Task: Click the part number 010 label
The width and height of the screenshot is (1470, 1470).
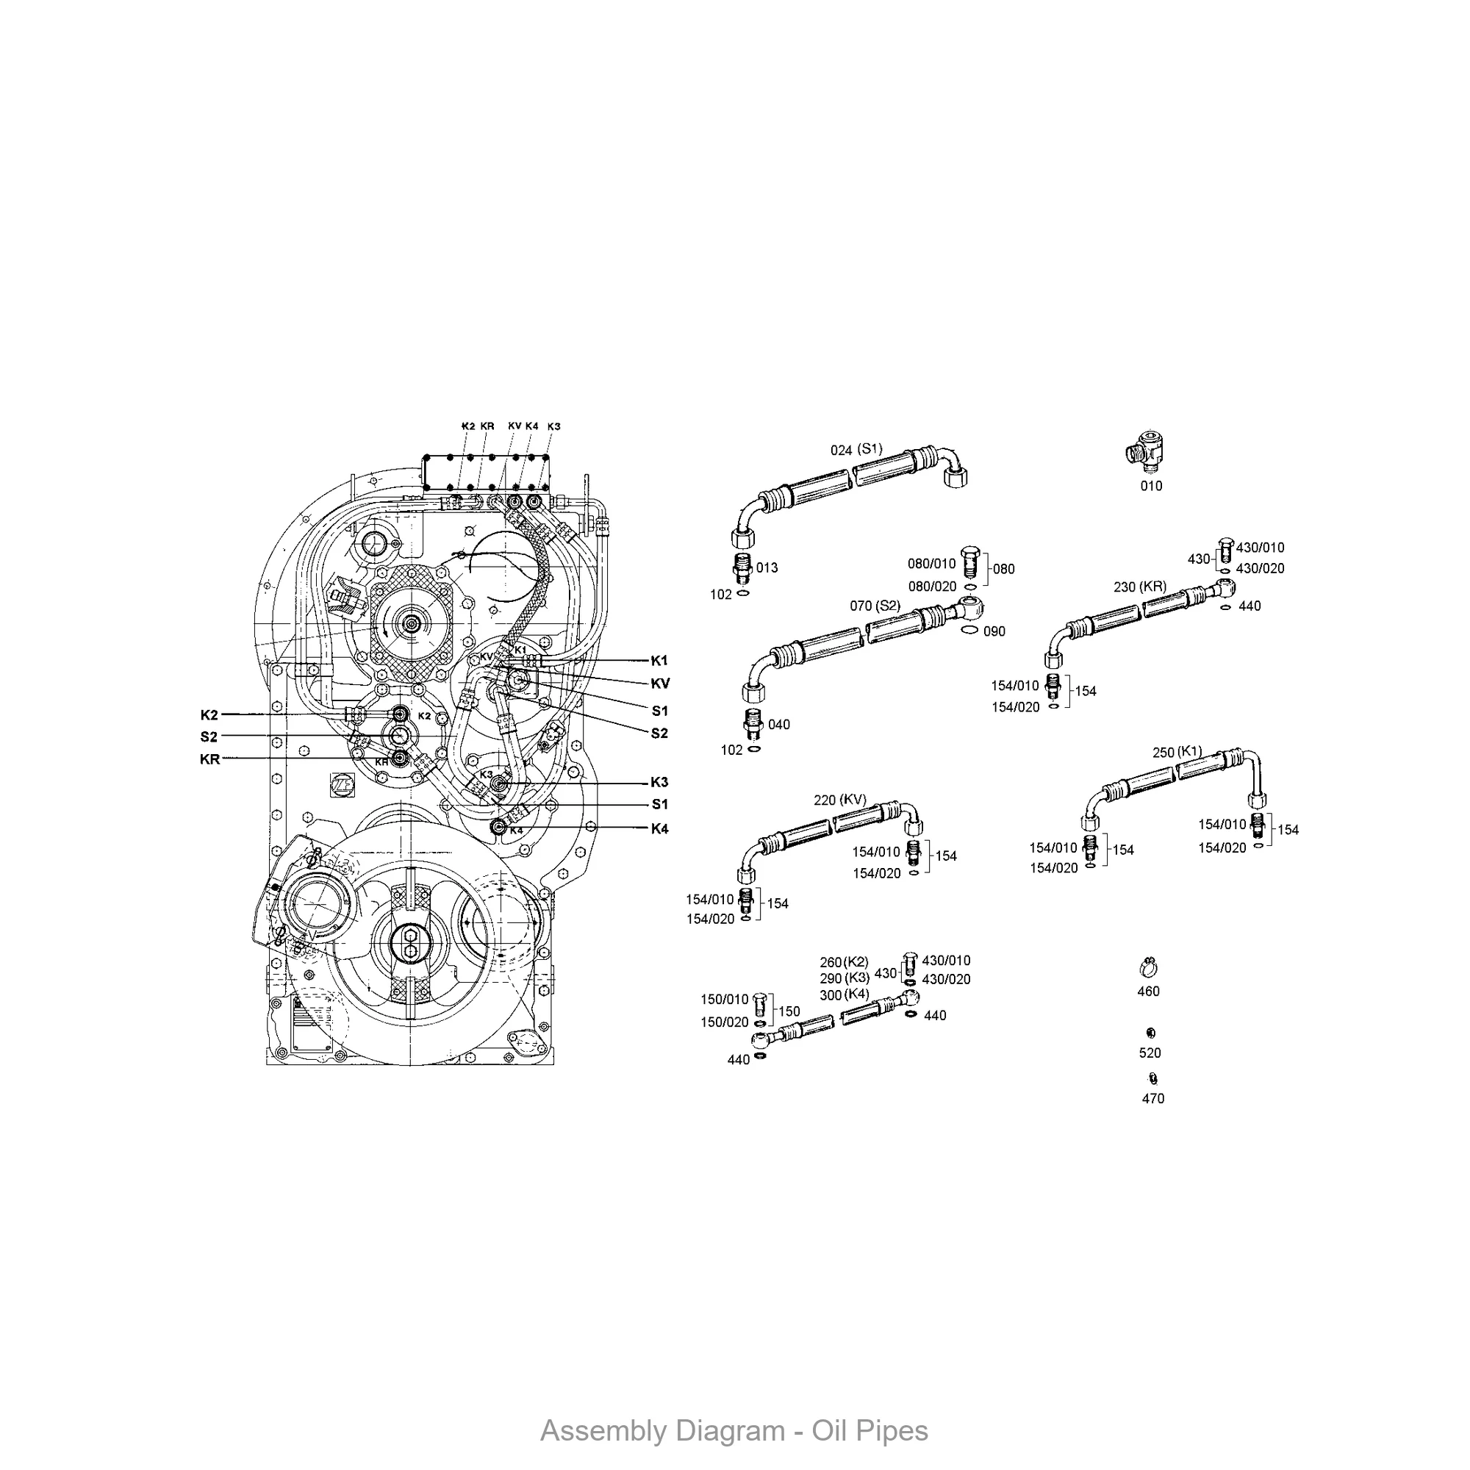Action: [x=1151, y=485]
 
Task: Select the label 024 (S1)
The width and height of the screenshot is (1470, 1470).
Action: [x=856, y=450]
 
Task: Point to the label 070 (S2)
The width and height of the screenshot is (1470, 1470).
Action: [x=875, y=606]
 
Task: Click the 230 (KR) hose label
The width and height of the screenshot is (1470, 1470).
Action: [x=1140, y=587]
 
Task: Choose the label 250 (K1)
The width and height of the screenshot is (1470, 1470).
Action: [x=1177, y=752]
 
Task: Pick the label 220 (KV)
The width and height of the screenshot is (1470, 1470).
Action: [x=840, y=800]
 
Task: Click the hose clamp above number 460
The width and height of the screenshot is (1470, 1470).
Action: [x=1149, y=968]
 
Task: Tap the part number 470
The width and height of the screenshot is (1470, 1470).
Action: [x=1152, y=1098]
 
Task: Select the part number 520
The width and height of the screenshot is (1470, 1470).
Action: [x=1150, y=1053]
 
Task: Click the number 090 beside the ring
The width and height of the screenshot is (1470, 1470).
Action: [x=994, y=631]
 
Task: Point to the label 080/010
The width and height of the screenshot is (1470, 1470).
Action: [x=931, y=564]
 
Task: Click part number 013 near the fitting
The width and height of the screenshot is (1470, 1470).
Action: [x=767, y=567]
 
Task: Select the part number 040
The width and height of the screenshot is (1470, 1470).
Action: [x=778, y=725]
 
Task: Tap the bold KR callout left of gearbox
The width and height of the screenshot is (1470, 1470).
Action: [x=209, y=759]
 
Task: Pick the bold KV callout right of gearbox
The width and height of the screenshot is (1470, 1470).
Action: [x=660, y=684]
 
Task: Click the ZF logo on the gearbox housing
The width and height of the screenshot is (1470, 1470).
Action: [x=338, y=785]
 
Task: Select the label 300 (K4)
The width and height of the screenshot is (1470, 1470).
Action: [x=844, y=994]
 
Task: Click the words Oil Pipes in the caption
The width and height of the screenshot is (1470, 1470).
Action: [x=870, y=1431]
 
